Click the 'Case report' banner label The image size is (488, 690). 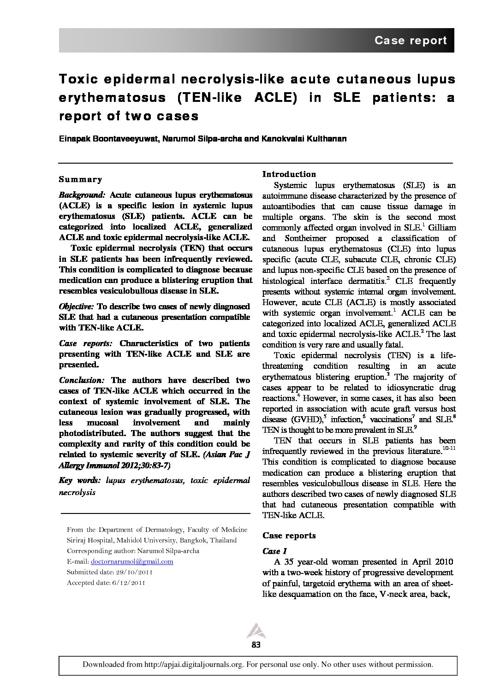(410, 41)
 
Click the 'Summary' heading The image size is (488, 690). (80, 179)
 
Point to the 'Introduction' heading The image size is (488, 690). (289, 174)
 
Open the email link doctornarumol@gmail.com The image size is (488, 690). (132, 561)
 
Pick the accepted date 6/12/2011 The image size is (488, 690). (127, 583)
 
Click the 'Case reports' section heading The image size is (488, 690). (289, 536)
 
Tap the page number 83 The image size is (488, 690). (256, 645)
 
